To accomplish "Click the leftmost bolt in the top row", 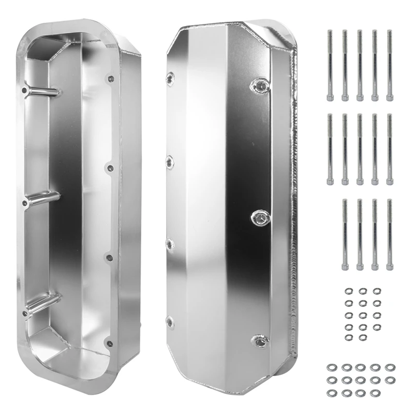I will pyautogui.click(x=330, y=65).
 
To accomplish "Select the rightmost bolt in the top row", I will pyautogui.click(x=390, y=65).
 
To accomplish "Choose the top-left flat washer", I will pyautogui.click(x=331, y=367).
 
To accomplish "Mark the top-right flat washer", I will pyautogui.click(x=389, y=367).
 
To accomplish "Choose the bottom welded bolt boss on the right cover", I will pyautogui.click(x=258, y=340).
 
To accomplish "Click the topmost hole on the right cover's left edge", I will pyautogui.click(x=170, y=78).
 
